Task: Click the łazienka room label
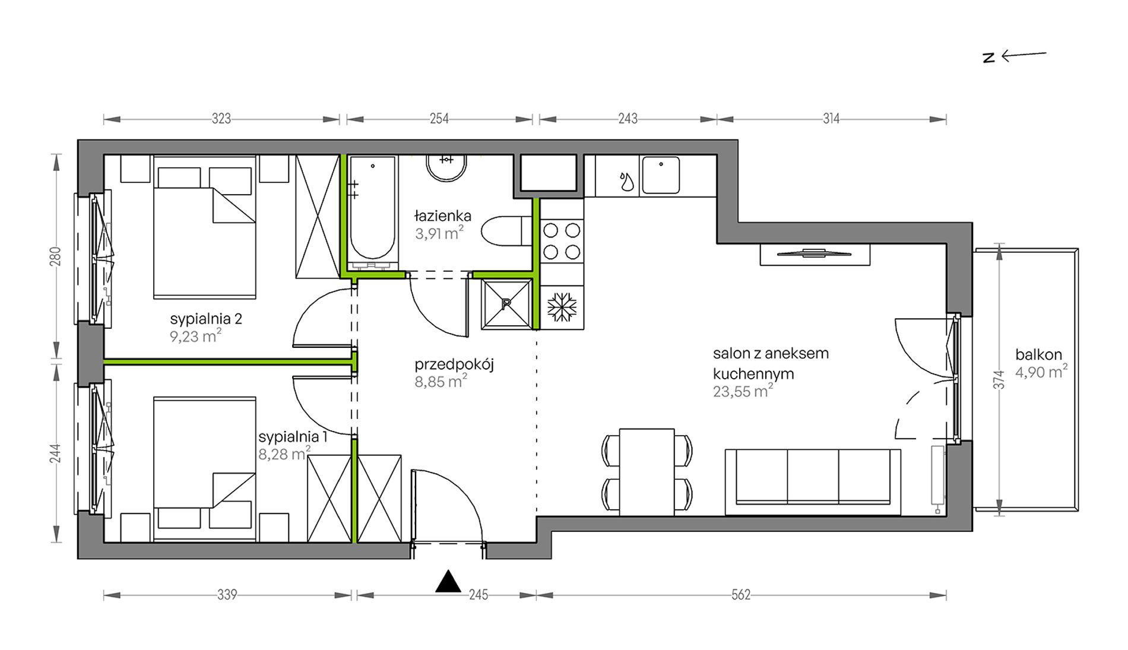point(443,215)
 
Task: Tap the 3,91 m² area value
point(439,233)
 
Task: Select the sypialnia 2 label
point(206,319)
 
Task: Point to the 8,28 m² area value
point(284,454)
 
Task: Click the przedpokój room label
point(454,364)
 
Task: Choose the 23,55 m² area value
point(743,391)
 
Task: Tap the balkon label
point(1038,355)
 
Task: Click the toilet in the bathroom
point(506,231)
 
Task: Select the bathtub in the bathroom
point(372,211)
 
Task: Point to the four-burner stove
point(562,240)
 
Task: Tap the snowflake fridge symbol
point(562,307)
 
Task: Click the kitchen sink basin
point(660,175)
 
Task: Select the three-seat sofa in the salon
point(813,481)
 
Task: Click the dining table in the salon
point(647,472)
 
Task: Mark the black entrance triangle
point(448,582)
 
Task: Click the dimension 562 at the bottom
point(741,595)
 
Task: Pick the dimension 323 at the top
point(221,119)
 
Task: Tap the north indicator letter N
point(988,58)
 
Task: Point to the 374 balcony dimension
point(1000,380)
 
